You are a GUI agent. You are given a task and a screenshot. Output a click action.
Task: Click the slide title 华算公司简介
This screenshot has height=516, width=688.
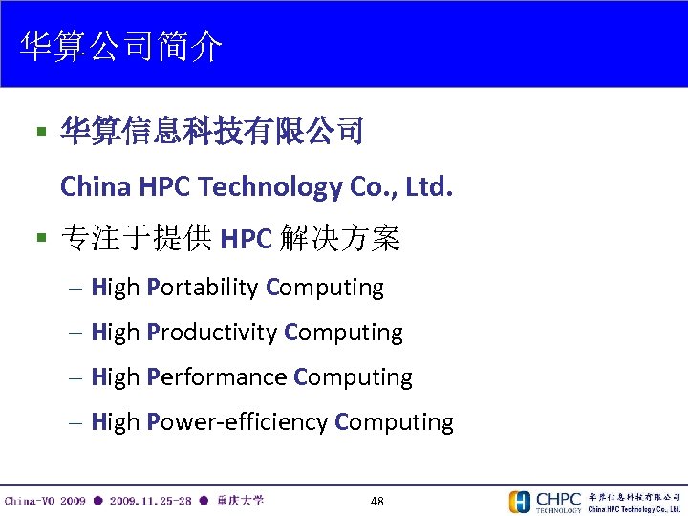click(x=121, y=46)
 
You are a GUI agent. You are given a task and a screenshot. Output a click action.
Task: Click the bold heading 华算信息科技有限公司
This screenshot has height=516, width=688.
click(x=211, y=131)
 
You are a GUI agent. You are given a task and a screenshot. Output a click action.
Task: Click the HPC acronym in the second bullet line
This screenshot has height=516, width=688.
click(x=246, y=239)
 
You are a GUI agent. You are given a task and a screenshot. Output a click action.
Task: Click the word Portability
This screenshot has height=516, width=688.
click(x=204, y=288)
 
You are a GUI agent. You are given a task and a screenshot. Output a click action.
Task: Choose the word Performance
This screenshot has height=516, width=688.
click(x=218, y=377)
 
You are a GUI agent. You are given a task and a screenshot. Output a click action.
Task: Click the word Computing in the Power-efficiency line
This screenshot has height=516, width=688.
click(x=395, y=422)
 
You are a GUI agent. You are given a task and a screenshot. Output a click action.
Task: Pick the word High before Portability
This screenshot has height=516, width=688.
click(x=115, y=288)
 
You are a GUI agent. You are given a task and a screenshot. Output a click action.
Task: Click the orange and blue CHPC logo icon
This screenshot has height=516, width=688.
click(x=520, y=502)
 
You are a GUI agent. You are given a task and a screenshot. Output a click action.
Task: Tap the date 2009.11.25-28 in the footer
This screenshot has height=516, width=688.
click(x=150, y=501)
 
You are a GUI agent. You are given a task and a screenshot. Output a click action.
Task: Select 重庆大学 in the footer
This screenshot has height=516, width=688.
click(x=240, y=501)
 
